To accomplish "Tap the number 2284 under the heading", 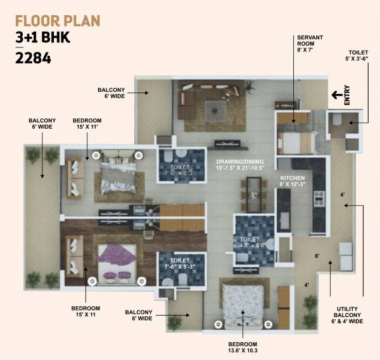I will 33,60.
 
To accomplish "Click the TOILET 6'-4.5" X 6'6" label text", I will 253,243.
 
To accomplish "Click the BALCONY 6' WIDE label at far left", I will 42,124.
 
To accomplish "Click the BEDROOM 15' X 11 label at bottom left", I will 85,311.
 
